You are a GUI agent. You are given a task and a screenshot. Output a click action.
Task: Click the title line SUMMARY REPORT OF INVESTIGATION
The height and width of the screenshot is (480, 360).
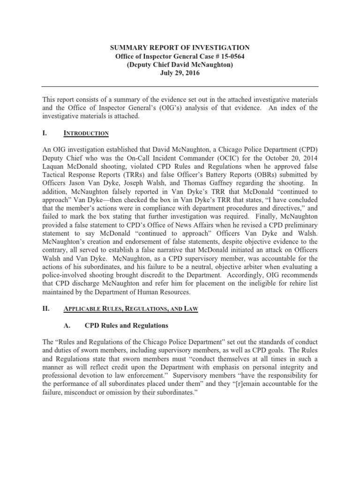coord(180,48)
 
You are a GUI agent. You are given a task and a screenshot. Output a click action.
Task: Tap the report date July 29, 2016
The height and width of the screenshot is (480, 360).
coord(180,74)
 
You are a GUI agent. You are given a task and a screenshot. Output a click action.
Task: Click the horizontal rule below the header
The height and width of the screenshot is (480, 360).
coord(180,87)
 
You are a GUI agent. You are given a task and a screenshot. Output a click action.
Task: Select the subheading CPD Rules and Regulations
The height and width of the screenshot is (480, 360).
coord(126,325)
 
